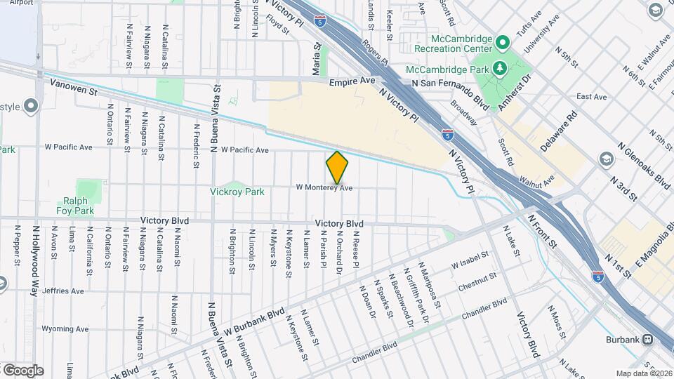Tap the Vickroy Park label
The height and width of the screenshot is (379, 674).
click(237, 192)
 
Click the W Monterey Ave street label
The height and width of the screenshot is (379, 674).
click(324, 187)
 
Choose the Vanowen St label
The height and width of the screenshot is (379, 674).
click(72, 88)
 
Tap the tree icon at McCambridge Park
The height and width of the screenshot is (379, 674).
click(499, 68)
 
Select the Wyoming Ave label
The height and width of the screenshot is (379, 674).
click(65, 328)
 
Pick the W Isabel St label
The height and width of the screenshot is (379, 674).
click(469, 262)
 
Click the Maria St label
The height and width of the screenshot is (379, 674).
click(317, 61)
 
